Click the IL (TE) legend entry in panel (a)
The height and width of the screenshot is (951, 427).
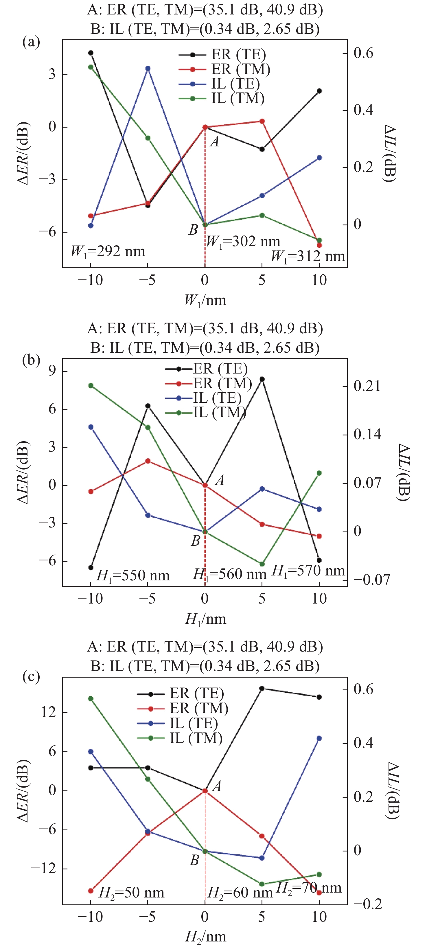point(235,84)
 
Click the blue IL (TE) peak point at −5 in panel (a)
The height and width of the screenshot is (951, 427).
point(148,68)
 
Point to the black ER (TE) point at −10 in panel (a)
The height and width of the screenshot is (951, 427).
point(91,53)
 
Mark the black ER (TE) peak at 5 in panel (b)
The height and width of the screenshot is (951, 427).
point(262,379)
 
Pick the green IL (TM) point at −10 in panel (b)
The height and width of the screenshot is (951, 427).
point(91,385)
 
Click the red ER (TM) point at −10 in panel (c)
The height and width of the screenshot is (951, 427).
point(91,891)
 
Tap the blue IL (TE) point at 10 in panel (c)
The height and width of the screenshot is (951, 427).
point(319,738)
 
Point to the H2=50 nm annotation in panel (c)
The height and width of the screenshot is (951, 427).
point(131,893)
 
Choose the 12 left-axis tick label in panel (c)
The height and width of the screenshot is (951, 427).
point(48,712)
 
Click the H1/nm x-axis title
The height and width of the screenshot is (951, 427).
point(205,619)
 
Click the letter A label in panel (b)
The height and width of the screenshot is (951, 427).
point(220,480)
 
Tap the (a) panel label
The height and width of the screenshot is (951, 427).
point(31,42)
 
